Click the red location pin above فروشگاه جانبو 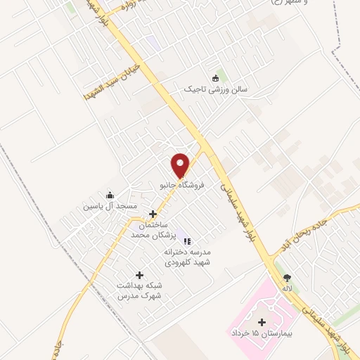tap(181, 165)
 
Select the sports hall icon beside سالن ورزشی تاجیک tap(215, 79)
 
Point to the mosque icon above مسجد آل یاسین tap(109, 195)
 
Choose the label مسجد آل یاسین tap(109, 207)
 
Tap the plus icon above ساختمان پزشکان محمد tap(152, 212)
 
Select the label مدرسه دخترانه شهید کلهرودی tap(188, 257)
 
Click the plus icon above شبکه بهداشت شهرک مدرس tap(139, 275)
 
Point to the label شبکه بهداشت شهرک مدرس tap(139, 291)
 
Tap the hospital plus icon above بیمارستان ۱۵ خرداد tap(262, 321)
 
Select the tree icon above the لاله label tap(287, 277)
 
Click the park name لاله tap(287, 288)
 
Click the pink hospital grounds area tap(243, 309)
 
